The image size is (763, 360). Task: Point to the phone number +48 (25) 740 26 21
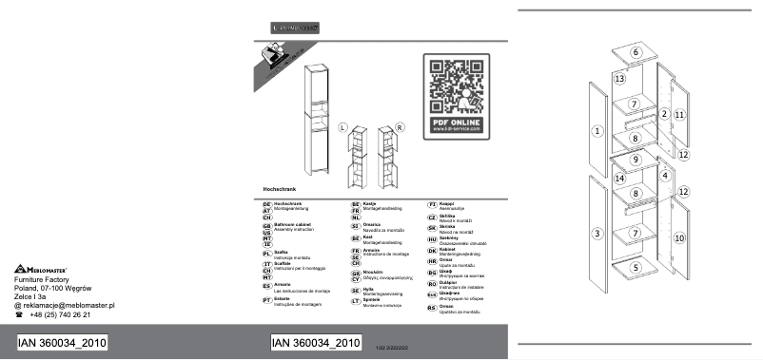[x=60, y=314]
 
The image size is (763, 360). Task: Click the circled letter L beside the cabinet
[x=343, y=125]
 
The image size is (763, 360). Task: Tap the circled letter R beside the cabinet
[x=400, y=125]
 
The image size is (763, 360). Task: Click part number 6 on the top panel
[x=636, y=51]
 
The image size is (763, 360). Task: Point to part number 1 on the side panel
[x=597, y=130]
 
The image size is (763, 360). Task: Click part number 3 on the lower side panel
[x=597, y=233]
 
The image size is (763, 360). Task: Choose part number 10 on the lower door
[x=679, y=237]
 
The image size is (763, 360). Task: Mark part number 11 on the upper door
[x=679, y=114]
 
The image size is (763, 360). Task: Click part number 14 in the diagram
[x=618, y=179]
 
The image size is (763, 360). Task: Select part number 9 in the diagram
[x=636, y=160]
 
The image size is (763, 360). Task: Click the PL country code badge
[x=266, y=254]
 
